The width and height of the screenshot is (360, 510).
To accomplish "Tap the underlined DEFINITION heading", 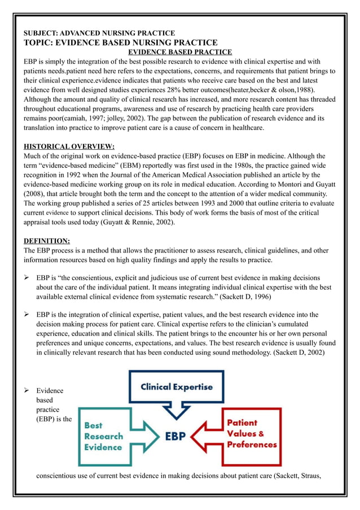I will click(x=46, y=240).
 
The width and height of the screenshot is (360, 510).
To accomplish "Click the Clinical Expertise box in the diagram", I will click(x=177, y=387).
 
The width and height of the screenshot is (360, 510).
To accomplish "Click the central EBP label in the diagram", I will click(x=178, y=437).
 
